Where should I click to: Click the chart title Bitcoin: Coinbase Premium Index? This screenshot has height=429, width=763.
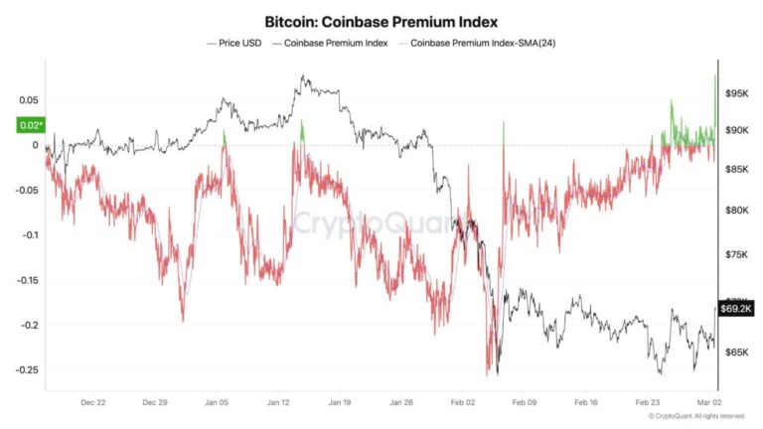(x=381, y=20)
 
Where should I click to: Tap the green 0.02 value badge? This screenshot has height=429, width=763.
(x=30, y=125)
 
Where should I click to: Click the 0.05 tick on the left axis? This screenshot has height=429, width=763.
(x=27, y=100)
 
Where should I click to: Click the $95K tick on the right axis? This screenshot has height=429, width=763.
(x=736, y=93)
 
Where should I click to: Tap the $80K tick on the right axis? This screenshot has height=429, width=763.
(x=736, y=211)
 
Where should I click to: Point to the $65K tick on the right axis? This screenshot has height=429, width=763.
(x=736, y=353)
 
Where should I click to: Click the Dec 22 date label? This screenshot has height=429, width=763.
(x=93, y=403)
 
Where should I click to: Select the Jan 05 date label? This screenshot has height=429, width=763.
(x=218, y=403)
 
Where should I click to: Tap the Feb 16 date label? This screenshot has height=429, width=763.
(x=587, y=403)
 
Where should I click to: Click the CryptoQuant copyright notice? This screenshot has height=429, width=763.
(x=695, y=416)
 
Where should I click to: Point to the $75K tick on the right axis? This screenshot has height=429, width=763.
(x=736, y=255)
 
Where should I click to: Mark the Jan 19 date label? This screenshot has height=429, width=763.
(x=341, y=403)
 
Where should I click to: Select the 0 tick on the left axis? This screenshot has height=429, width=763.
(x=35, y=145)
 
